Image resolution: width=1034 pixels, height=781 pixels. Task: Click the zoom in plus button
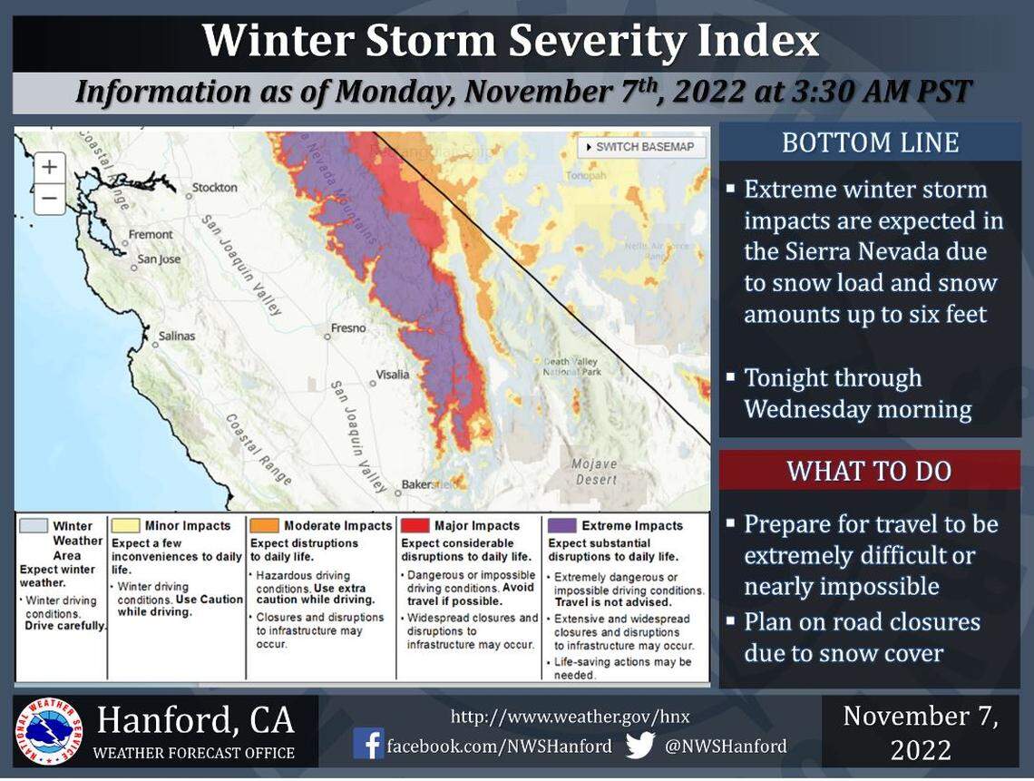(49, 167)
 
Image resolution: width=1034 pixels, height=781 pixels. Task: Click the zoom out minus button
(49, 198)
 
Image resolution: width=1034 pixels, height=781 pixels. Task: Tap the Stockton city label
(214, 188)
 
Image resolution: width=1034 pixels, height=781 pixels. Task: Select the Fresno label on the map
(348, 328)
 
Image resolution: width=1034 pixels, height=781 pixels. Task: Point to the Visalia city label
(393, 374)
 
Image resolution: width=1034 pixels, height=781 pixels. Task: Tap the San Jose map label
(159, 259)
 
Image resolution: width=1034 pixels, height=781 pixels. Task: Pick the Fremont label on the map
(150, 234)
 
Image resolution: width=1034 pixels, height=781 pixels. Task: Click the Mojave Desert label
(595, 472)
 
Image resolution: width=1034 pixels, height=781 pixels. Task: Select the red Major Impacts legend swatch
(415, 525)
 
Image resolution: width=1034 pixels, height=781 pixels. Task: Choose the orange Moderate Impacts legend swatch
(265, 525)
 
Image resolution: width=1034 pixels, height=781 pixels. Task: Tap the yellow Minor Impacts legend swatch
(125, 525)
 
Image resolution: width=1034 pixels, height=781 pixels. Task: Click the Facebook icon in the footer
(368, 745)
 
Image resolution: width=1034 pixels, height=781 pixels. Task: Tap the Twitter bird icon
(639, 745)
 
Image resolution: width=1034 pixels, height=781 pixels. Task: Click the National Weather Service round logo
(47, 731)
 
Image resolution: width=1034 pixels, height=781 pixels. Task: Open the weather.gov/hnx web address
(570, 717)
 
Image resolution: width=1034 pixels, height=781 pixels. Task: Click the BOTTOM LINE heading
(870, 143)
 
